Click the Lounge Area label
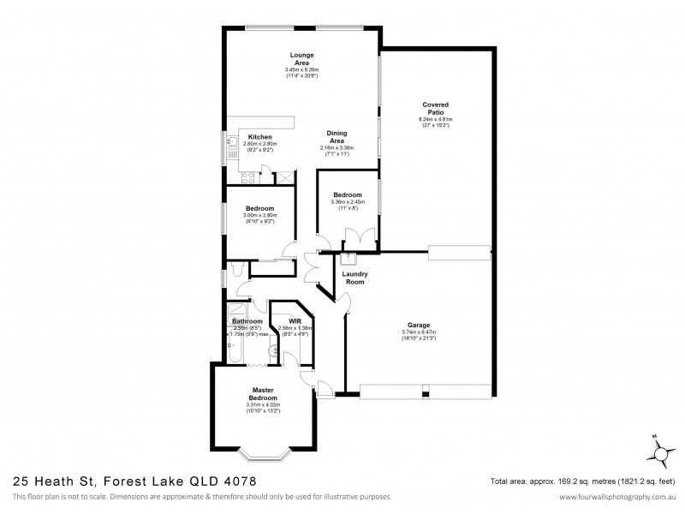(x=302, y=59)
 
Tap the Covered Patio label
(x=435, y=109)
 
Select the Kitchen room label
(x=259, y=137)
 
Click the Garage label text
(x=419, y=326)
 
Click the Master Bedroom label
(x=262, y=395)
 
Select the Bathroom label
(x=247, y=321)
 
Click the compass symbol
(x=656, y=451)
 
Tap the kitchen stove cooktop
(x=247, y=179)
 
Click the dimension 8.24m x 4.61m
(x=435, y=120)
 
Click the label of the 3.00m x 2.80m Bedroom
(x=259, y=209)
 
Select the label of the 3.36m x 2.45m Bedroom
(x=348, y=195)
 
